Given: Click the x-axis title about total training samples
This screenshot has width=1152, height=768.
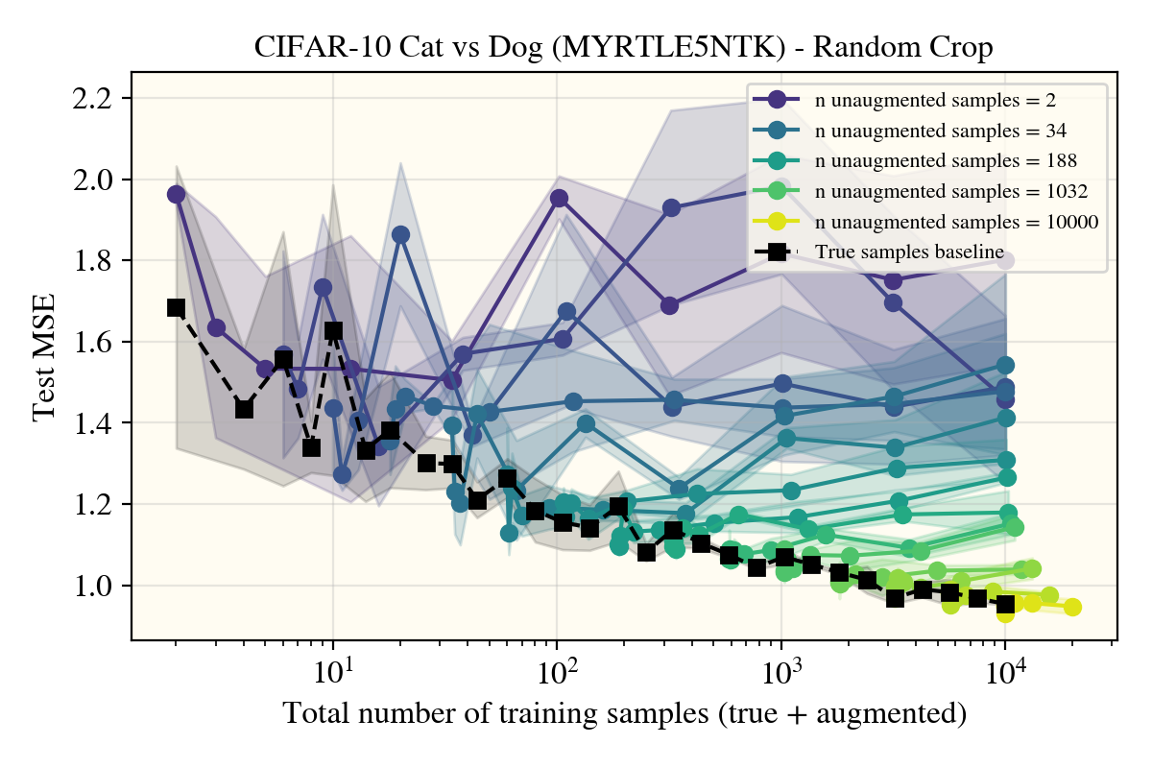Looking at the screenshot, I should [x=623, y=714].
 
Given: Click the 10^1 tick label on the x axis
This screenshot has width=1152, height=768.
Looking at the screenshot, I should [x=333, y=665].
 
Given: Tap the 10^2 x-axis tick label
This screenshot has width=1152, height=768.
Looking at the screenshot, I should [x=557, y=665].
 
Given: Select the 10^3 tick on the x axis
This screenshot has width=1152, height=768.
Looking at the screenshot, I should [x=781, y=665].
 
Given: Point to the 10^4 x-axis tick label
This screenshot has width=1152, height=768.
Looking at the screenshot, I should [x=1005, y=665].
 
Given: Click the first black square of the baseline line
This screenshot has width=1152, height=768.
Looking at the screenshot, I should [x=176, y=307].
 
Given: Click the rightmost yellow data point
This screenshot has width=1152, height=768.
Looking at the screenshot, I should [x=1072, y=607].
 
